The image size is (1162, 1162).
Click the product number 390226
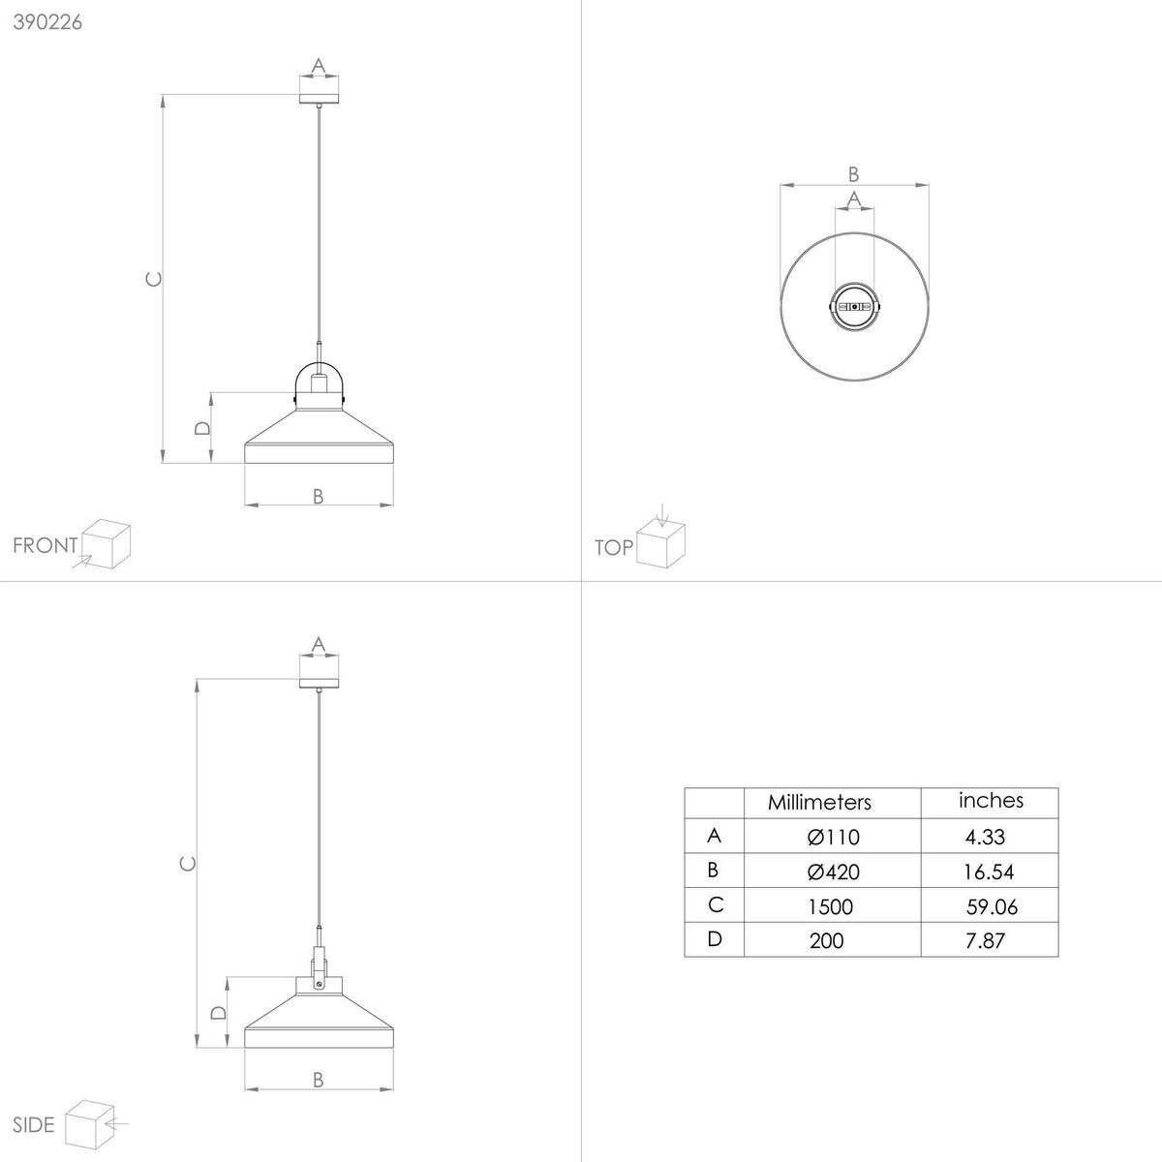(46, 23)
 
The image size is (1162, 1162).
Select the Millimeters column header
(819, 803)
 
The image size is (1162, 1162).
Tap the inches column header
(991, 800)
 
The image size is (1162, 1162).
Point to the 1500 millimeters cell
(830, 906)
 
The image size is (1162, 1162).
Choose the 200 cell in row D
(826, 940)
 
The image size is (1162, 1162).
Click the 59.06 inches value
(992, 906)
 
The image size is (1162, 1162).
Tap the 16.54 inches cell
(989, 871)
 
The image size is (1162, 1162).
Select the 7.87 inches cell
(985, 940)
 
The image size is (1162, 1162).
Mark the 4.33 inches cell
(984, 837)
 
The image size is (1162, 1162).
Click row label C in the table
(716, 904)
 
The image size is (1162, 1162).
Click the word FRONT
(45, 545)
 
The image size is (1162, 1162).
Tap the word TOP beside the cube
(614, 548)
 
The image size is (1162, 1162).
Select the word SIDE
(35, 1125)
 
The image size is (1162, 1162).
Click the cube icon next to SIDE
(87, 1122)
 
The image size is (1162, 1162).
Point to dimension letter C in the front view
(151, 279)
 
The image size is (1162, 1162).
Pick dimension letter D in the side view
(219, 1012)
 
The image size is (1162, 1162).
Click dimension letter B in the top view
(853, 174)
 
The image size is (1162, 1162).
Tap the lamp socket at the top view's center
(854, 306)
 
